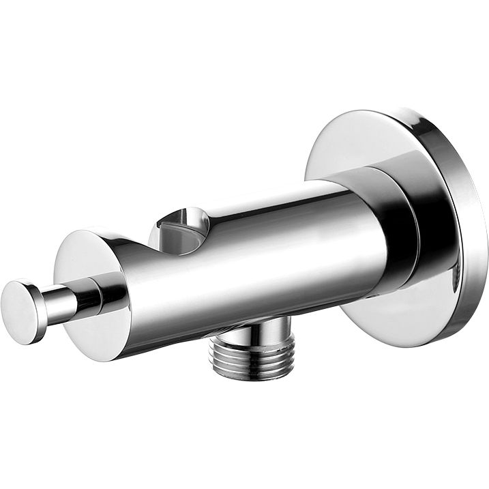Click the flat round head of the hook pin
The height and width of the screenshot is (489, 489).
coord(20,310)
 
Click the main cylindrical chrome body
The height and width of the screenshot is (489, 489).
coord(273,259)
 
